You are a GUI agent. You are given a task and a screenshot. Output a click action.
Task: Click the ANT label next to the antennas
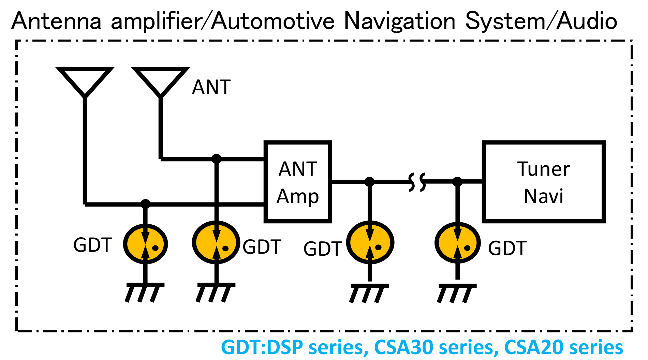(211, 87)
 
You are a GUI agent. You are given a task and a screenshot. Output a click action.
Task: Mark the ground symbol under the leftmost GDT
(145, 292)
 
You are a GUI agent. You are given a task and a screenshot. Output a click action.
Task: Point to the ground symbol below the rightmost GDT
(457, 293)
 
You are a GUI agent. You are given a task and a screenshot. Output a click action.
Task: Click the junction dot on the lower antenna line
(146, 204)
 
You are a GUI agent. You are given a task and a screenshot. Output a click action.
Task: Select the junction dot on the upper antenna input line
(216, 159)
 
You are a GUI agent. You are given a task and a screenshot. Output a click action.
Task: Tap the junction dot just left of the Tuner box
(457, 182)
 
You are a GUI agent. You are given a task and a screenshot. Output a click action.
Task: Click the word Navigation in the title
(399, 21)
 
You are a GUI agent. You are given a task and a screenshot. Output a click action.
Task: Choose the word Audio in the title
(587, 21)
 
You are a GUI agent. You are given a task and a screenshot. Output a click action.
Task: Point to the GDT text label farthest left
(93, 245)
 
